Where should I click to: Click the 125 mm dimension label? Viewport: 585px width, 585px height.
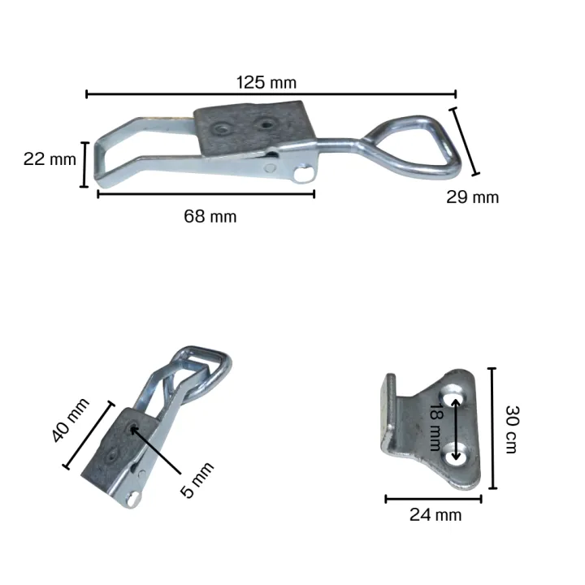pyautogui.click(x=266, y=82)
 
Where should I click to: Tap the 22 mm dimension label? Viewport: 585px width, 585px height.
pyautogui.click(x=50, y=158)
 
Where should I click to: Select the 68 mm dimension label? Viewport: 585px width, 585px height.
pyautogui.click(x=210, y=216)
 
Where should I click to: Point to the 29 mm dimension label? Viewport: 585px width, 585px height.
pyautogui.click(x=472, y=197)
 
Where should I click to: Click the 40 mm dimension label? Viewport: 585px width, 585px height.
pyautogui.click(x=70, y=421)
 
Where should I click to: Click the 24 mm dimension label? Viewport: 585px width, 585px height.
pyautogui.click(x=435, y=514)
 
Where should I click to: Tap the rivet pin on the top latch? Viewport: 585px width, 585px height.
pyautogui.click(x=303, y=173)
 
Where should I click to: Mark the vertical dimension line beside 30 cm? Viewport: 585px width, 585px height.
pyautogui.click(x=492, y=428)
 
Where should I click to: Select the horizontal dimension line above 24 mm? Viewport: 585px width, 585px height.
pyautogui.click(x=433, y=498)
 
